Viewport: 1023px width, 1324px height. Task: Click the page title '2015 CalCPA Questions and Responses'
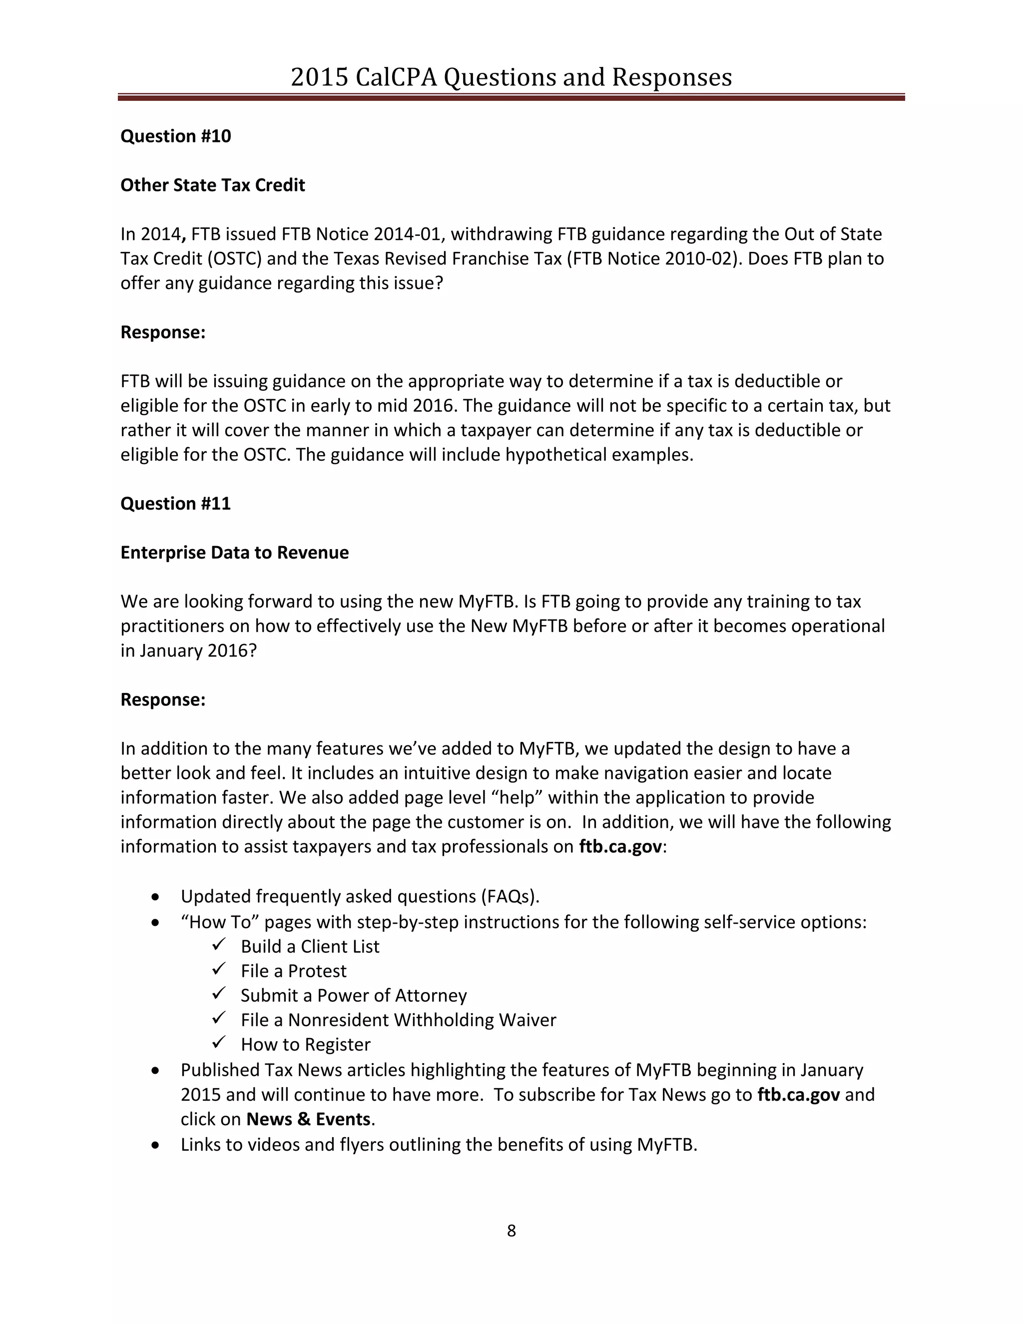coord(511,77)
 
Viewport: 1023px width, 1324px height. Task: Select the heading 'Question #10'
coord(176,136)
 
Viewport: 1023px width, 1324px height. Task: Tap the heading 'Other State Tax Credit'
coord(212,185)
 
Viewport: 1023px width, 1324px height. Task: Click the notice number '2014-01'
coord(407,234)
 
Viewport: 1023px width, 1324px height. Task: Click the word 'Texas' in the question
coord(355,259)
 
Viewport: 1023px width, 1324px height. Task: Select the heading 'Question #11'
coord(176,504)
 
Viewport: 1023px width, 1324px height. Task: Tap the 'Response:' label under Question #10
coord(163,332)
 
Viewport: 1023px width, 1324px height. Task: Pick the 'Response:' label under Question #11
coord(163,699)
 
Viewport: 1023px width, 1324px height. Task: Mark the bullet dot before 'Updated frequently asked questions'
coord(156,897)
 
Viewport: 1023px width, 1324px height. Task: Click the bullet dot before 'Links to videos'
coord(156,1145)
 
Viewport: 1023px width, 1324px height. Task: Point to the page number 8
coord(511,1231)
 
